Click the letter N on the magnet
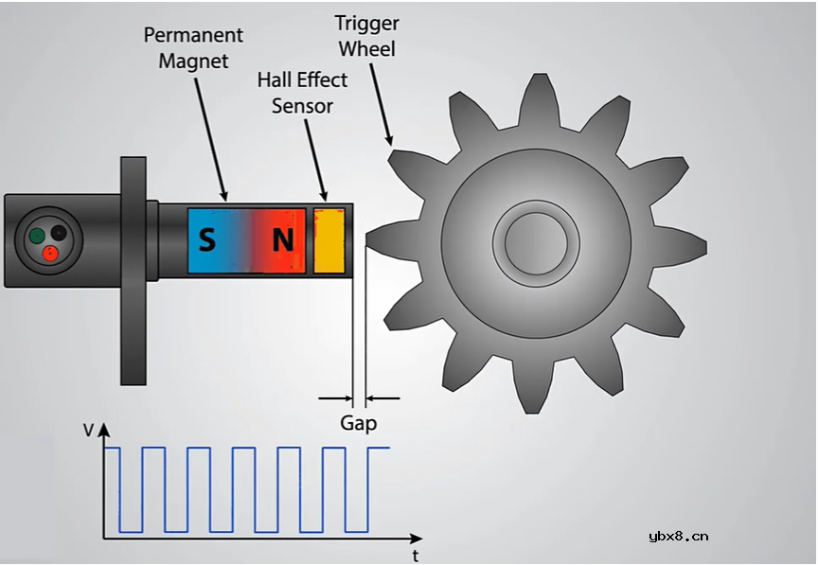(282, 240)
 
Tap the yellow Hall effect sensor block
(329, 240)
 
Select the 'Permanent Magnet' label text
(193, 47)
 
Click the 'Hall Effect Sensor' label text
(302, 93)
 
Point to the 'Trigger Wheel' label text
(366, 35)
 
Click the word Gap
(359, 423)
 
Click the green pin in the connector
(37, 236)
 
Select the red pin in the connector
(49, 253)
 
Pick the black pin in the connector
(59, 232)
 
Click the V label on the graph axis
(88, 431)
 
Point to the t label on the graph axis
(416, 556)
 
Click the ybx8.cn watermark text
(678, 536)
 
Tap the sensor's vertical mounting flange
(133, 270)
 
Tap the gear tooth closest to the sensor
(383, 238)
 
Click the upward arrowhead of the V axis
(104, 430)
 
